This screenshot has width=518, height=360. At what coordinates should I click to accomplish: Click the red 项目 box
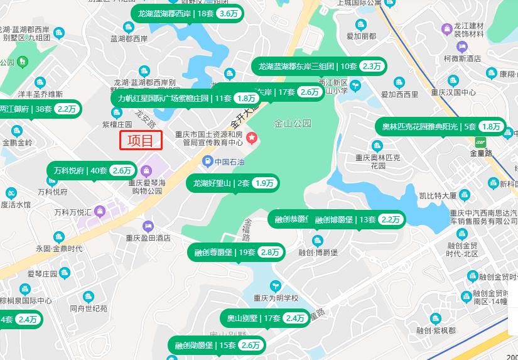pos(141,140)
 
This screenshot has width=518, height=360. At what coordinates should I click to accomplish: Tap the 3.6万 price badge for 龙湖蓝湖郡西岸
pos(229,13)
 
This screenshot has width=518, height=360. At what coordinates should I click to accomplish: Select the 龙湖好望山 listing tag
pos(233,183)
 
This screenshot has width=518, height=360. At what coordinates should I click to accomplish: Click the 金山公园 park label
pos(293,124)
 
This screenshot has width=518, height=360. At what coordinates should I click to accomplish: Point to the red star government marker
pos(252,138)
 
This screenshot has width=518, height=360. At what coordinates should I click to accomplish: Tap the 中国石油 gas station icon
pos(207,162)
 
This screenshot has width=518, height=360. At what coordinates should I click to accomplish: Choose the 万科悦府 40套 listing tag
pos(92,170)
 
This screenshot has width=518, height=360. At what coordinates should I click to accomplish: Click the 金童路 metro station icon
pos(482,142)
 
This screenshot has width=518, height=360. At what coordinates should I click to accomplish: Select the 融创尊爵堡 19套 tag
pos(235,253)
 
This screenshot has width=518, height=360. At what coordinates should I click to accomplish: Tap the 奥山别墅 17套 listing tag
pos(264,319)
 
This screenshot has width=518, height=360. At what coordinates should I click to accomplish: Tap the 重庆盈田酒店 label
pos(148,238)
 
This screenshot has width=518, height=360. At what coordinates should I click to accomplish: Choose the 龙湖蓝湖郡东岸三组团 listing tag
pos(319,66)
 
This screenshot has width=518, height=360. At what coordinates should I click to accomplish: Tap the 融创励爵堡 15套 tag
pos(217,345)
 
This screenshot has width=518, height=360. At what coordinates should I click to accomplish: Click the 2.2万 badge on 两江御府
pos(67,109)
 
